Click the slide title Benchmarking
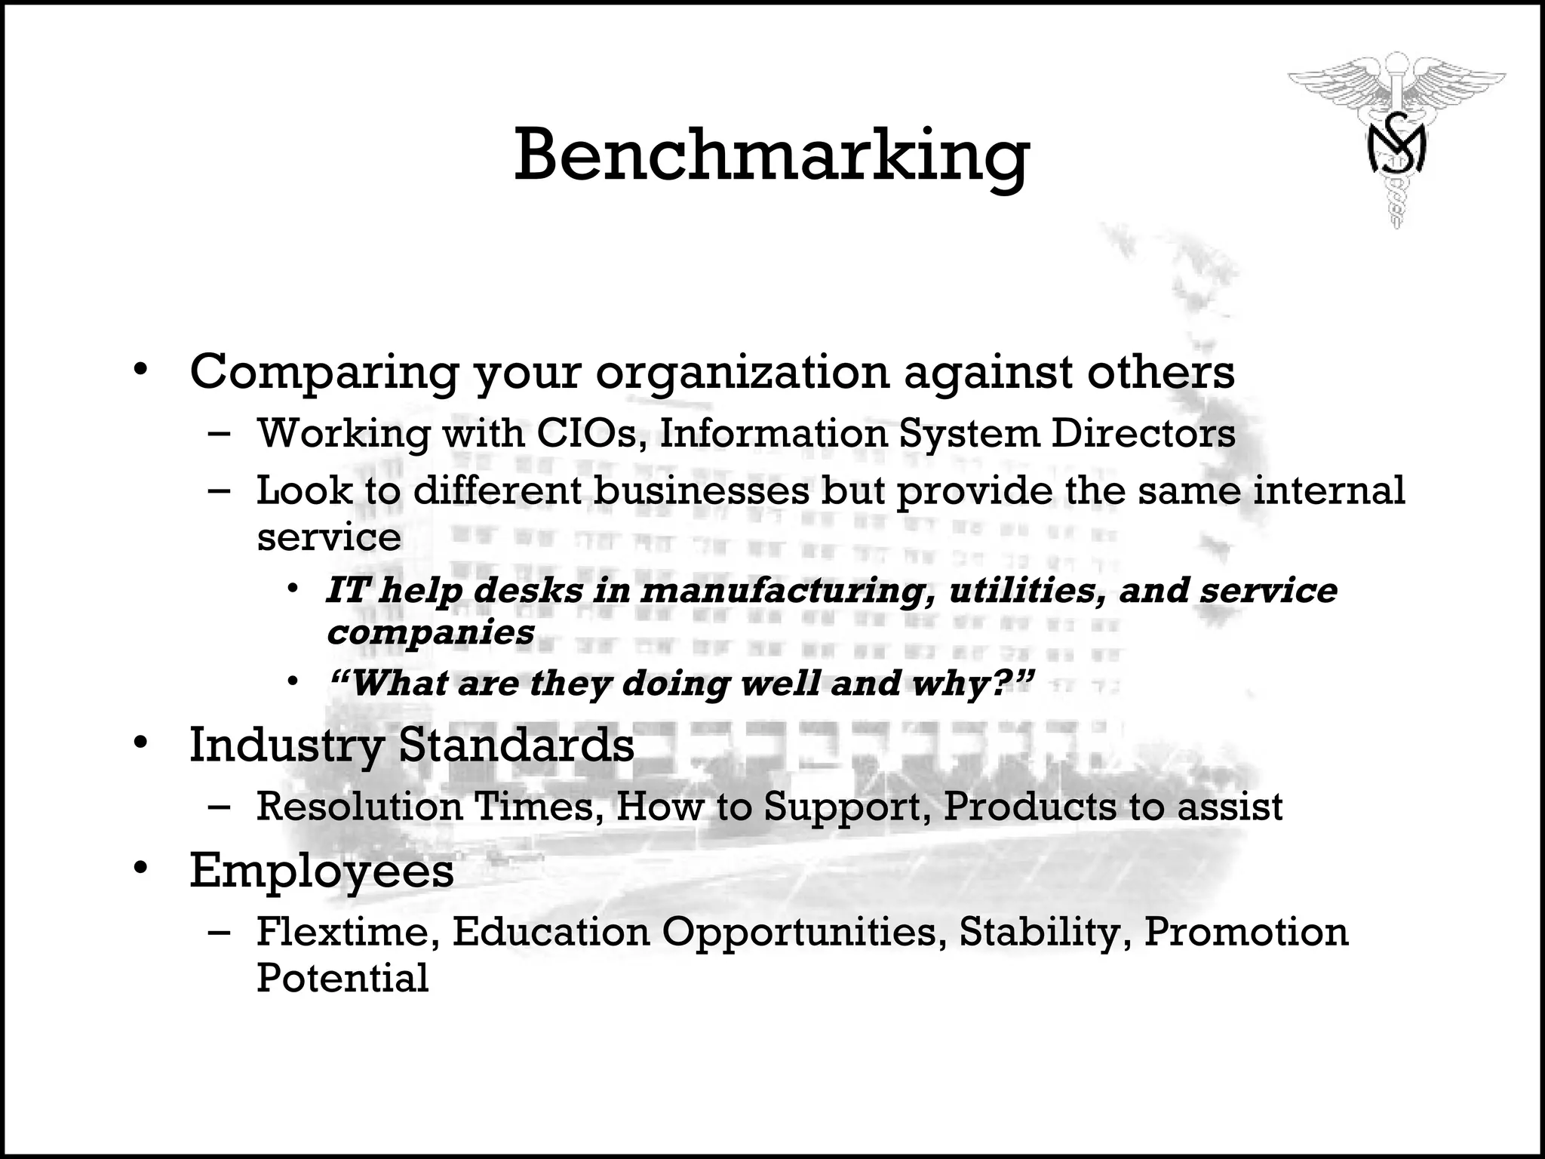tap(771, 156)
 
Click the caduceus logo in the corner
tap(1396, 143)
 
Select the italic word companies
tap(430, 632)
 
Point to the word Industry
tap(286, 746)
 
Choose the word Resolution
tap(359, 806)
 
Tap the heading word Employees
tap(321, 871)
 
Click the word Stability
tap(1045, 931)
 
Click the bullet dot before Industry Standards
tap(140, 744)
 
